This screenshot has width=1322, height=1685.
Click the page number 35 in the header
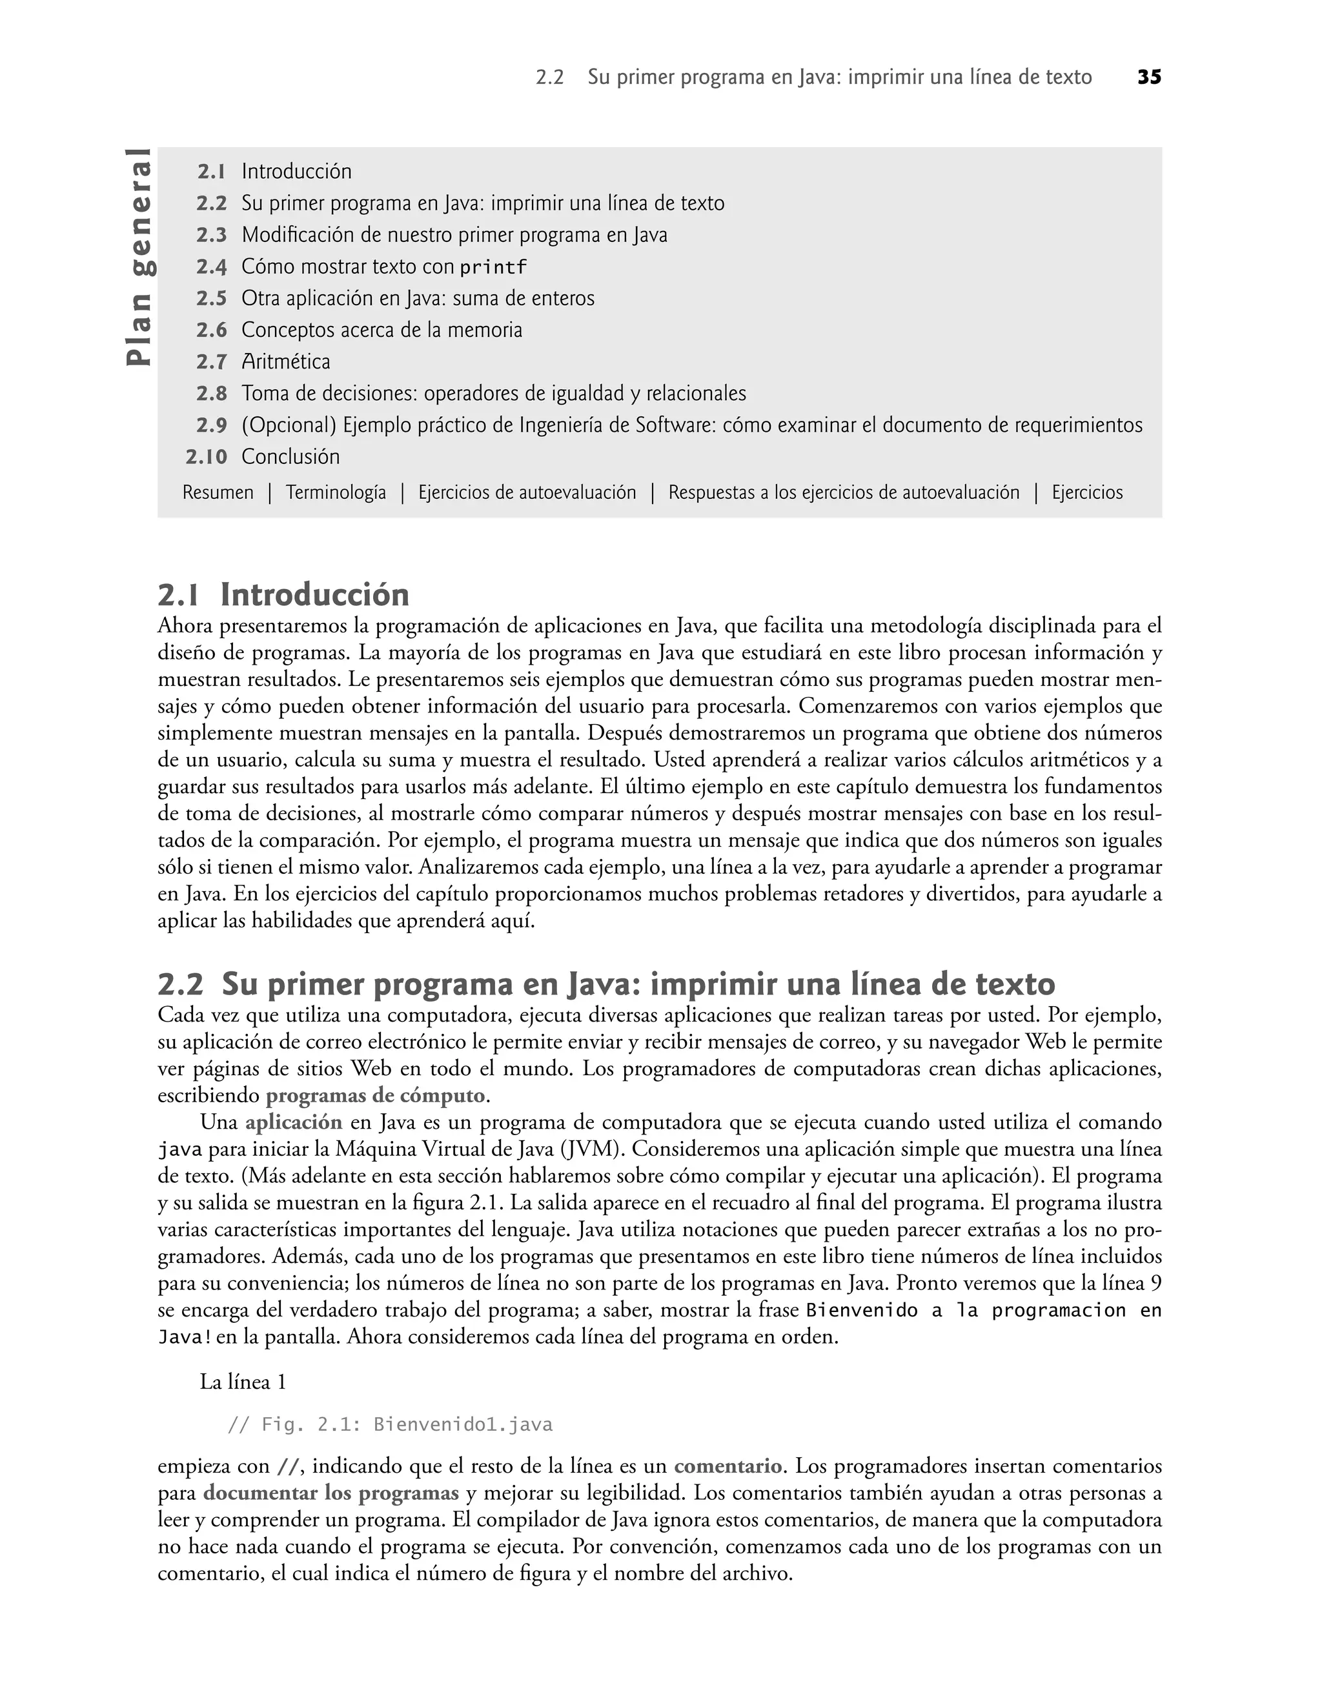point(1148,77)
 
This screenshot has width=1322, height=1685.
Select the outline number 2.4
point(211,267)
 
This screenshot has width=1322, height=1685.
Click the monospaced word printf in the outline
point(493,268)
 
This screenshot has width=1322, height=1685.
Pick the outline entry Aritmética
point(285,362)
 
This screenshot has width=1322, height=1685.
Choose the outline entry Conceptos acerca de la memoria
point(381,330)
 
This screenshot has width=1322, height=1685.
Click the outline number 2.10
point(207,457)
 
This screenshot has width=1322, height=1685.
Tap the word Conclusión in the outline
point(290,457)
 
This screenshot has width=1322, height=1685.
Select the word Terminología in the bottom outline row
point(336,493)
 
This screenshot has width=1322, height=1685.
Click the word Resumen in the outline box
point(218,493)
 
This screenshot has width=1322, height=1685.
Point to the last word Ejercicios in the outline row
point(1086,493)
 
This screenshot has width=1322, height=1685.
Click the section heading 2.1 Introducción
point(283,595)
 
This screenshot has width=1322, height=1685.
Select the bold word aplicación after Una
point(293,1122)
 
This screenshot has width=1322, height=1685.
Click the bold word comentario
point(727,1466)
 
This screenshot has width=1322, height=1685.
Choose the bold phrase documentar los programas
point(330,1493)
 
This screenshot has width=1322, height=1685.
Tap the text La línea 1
point(243,1382)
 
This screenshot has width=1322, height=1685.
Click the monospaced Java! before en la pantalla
point(184,1338)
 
